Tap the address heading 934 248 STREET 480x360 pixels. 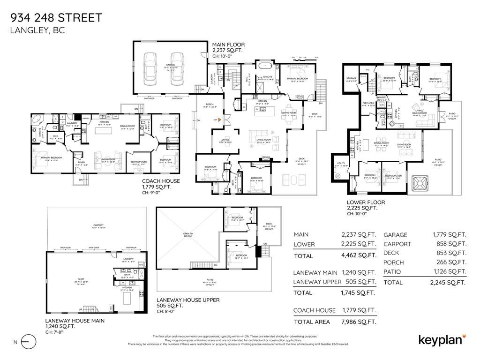pos(56,18)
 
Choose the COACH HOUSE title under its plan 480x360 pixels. pos(161,181)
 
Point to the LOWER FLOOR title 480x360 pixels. pos(366,202)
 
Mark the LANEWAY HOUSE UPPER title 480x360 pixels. pos(181,300)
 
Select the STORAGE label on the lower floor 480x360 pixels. pos(352,78)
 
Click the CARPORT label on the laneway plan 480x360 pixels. pos(98,225)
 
